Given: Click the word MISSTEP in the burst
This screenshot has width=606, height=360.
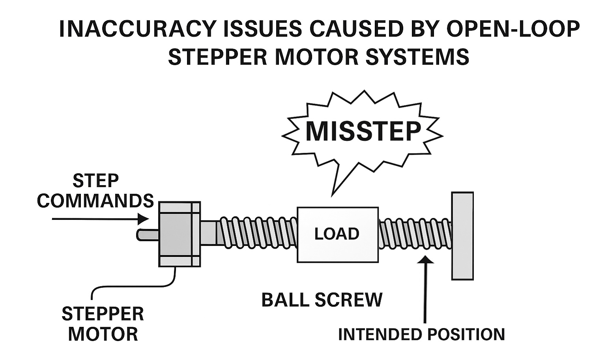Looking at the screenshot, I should [363, 131].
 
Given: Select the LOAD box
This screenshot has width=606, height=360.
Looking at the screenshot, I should [337, 234].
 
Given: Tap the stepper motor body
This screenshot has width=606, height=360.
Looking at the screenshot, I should [179, 234].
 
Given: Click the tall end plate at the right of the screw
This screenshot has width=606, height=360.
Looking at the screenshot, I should [462, 236].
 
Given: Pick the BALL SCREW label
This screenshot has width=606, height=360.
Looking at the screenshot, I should [322, 300].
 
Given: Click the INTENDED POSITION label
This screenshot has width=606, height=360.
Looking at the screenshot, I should [421, 334].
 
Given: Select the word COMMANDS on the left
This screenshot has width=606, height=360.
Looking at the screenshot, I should [95, 201].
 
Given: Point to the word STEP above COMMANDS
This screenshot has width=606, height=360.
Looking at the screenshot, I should [95, 181].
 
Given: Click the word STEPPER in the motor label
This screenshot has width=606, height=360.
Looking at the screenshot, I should [103, 314].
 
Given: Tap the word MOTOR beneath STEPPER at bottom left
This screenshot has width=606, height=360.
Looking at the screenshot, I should [103, 334].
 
